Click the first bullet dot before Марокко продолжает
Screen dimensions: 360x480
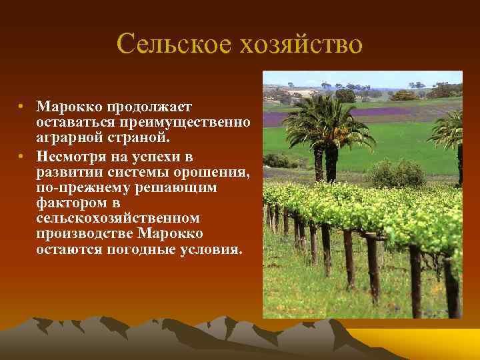[x=21, y=106]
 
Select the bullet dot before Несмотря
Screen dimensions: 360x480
[x=21, y=157]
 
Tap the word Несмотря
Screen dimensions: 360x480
[x=74, y=157]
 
